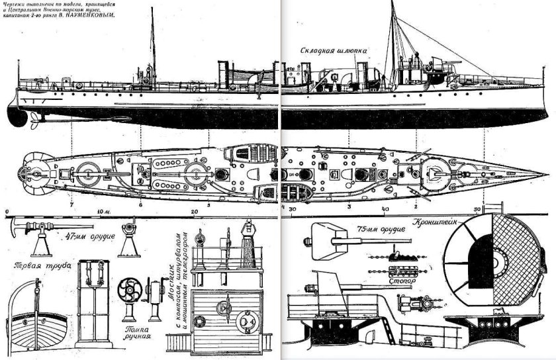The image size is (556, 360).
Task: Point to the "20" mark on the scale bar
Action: click(x=194, y=212)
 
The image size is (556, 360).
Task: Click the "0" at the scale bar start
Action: click(x=6, y=212)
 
